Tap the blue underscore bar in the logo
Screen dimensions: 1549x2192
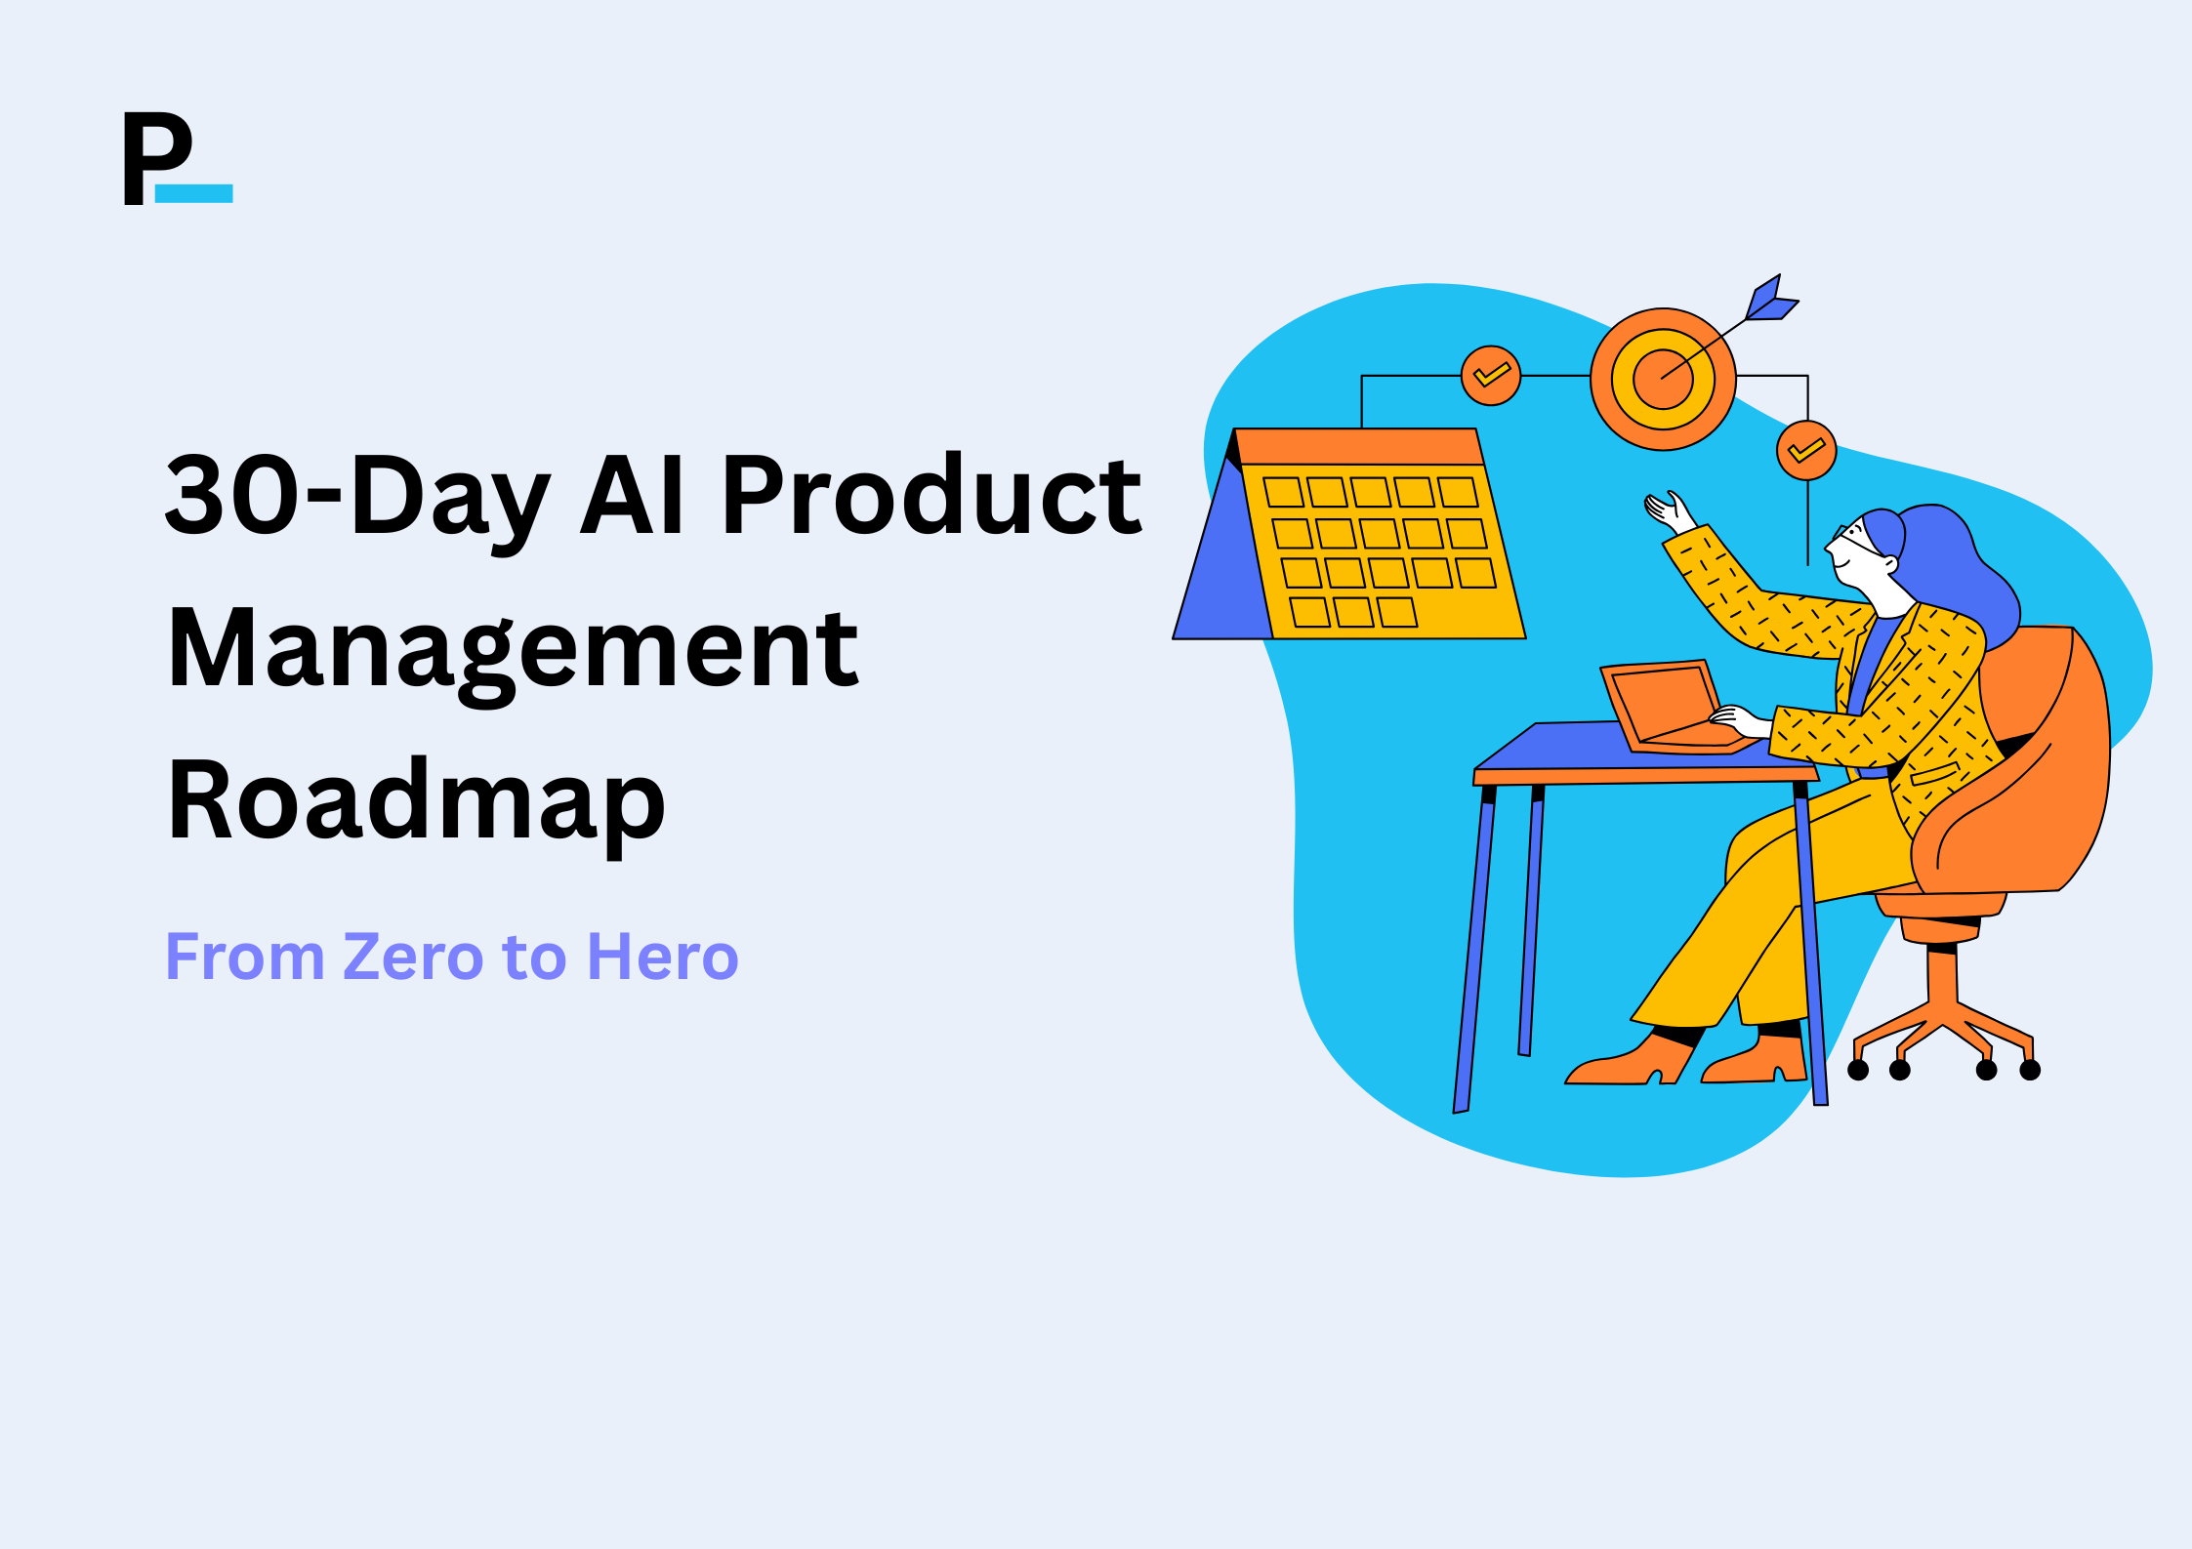pyautogui.click(x=193, y=193)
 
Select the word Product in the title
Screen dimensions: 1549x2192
pyautogui.click(x=931, y=496)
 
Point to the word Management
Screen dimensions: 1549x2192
pyautogui.click(x=513, y=649)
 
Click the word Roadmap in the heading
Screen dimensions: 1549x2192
pyautogui.click(x=416, y=800)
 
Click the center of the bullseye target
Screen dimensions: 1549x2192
pyautogui.click(x=1663, y=379)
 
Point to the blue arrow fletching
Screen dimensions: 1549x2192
pyautogui.click(x=1770, y=301)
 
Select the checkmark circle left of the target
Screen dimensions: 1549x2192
pyautogui.click(x=1491, y=375)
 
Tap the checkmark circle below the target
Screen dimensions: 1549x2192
pyautogui.click(x=1806, y=450)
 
